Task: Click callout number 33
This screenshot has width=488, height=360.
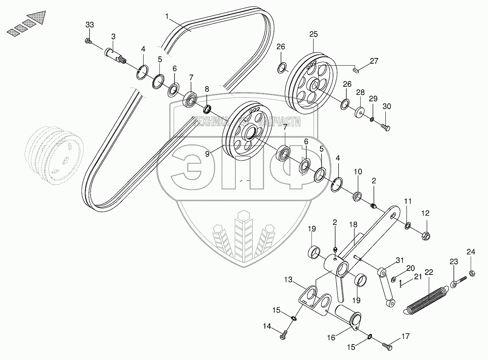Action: point(90,25)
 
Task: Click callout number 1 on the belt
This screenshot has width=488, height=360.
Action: point(167,17)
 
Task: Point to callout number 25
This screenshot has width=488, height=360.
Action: point(314,34)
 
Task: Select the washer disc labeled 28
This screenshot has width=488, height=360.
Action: point(360,112)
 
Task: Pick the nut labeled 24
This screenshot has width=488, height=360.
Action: point(472,273)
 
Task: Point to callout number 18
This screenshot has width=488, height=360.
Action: point(353,225)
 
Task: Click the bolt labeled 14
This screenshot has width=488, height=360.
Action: point(283,335)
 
